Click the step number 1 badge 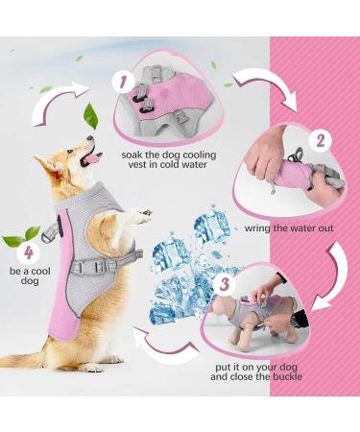[124, 81]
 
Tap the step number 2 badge [324, 138]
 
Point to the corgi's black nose [93, 140]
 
